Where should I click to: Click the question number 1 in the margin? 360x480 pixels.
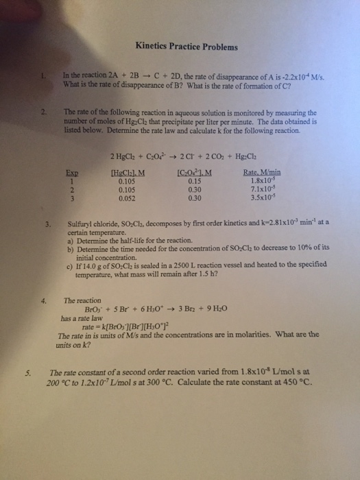pyautogui.click(x=42, y=75)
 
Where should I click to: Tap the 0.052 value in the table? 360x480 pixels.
pyautogui.click(x=128, y=198)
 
